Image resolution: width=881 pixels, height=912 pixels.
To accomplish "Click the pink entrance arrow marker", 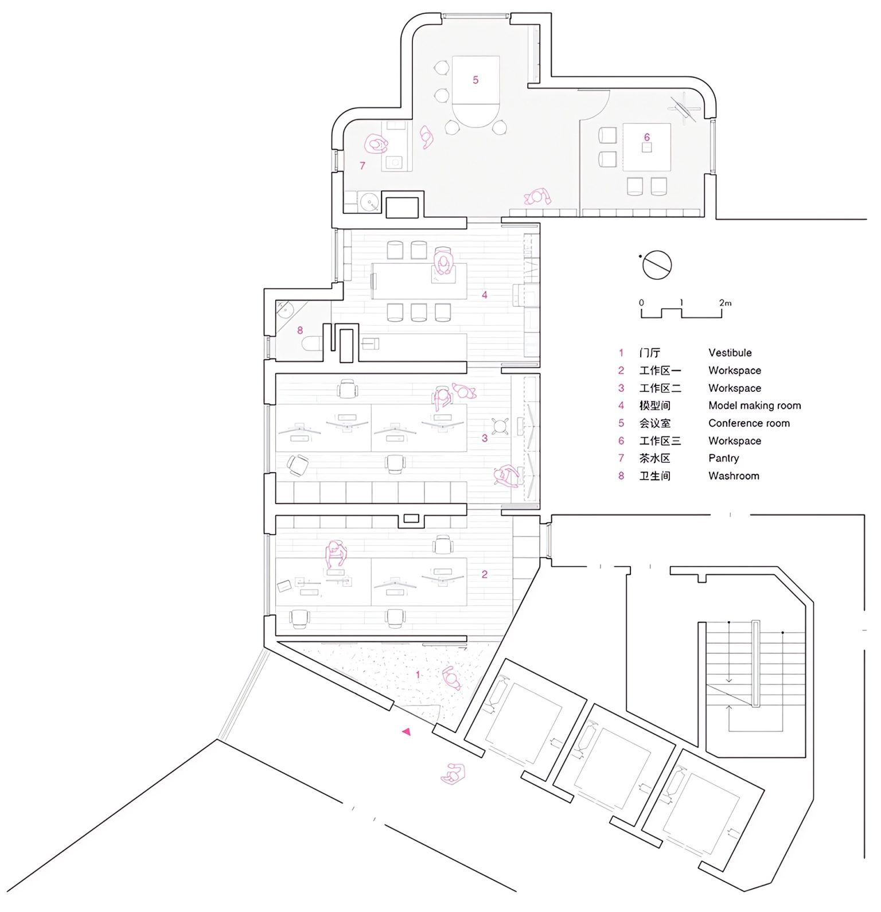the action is pos(407,731).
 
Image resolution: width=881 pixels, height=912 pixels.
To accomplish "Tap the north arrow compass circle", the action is pos(657,265).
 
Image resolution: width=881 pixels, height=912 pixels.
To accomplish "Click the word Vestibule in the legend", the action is pos(730,353).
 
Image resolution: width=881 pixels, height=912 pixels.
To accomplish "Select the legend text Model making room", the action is pos(755,406).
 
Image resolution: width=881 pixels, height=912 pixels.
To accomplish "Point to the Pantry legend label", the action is pos(724,458).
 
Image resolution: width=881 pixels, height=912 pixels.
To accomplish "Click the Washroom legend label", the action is pos(734,476).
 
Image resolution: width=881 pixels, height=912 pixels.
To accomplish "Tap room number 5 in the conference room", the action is pos(475,80).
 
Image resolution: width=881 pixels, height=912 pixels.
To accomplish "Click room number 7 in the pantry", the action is pos(362,166).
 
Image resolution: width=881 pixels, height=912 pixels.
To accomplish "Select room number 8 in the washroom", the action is pos(300,330).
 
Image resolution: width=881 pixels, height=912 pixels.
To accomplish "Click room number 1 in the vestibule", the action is pos(418,675).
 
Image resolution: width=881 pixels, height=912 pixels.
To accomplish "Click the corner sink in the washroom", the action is pos(284,311).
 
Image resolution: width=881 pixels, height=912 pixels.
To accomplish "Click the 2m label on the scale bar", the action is pos(726,302).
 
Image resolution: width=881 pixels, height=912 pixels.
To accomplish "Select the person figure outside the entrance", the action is pos(453,775).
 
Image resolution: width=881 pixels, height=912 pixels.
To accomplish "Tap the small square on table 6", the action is pos(647,147).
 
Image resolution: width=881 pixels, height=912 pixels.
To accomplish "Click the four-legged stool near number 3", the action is pos(502,426).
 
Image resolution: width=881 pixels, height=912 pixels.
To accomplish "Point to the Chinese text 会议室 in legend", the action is pos(654,423).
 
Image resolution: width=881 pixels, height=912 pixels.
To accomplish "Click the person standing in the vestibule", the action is pos(451,679).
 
